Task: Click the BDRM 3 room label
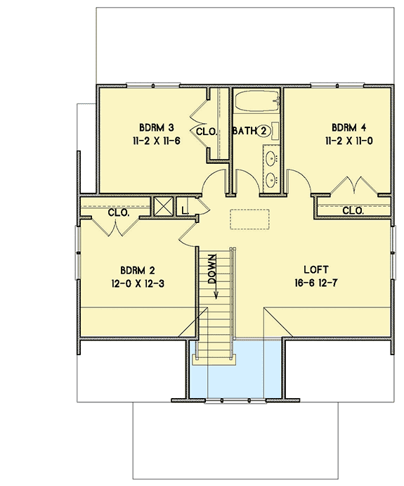156,127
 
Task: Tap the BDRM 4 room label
349,127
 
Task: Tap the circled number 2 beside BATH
262,131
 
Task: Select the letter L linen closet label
184,209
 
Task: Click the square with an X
164,206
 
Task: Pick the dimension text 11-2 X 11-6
156,140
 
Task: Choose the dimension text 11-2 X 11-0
349,140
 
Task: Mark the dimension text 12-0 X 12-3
137,283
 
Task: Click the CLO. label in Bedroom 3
206,132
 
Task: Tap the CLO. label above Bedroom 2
117,213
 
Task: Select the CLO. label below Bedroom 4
353,210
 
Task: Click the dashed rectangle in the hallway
250,219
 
